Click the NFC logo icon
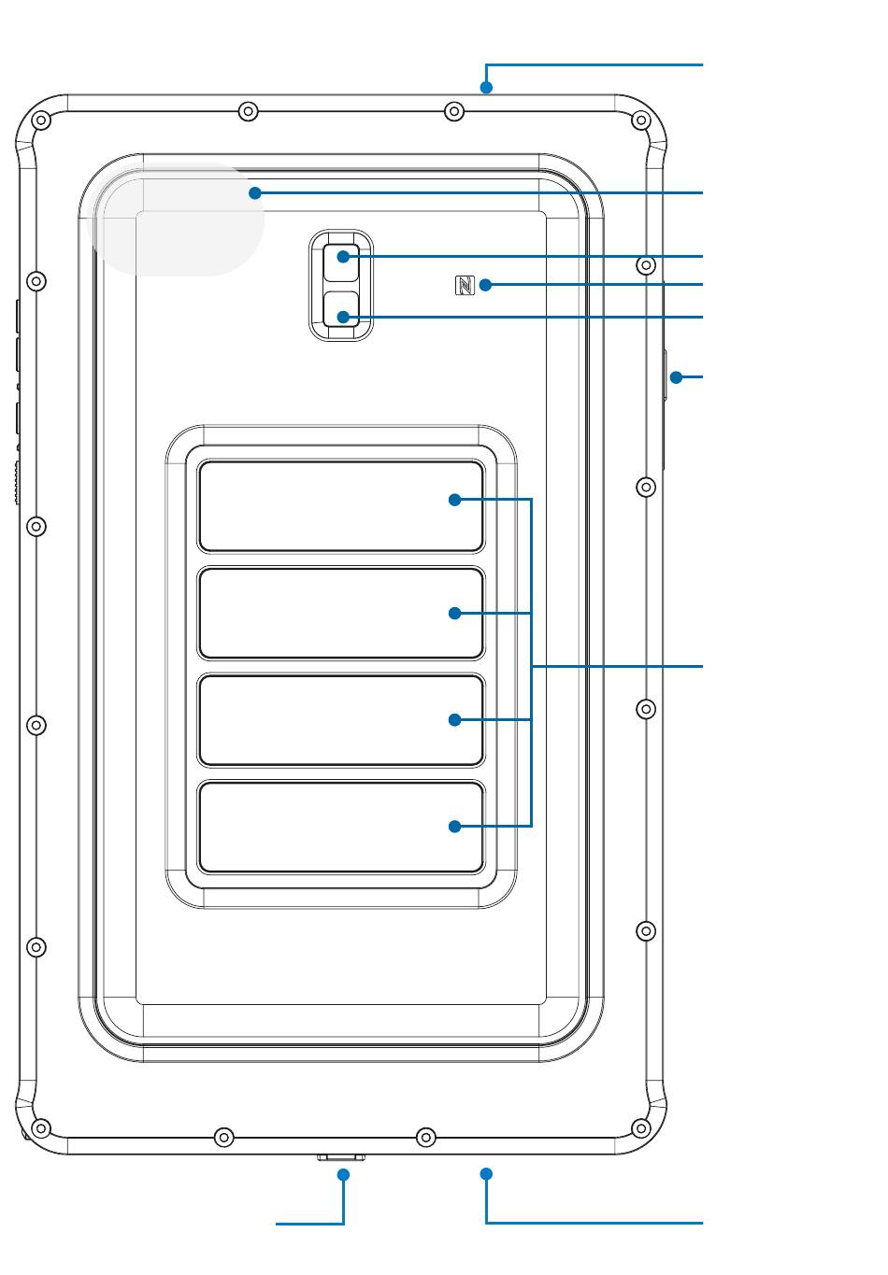coord(465,285)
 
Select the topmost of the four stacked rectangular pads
coord(341,506)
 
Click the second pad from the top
coord(341,613)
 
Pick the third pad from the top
coord(341,719)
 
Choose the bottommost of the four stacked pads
coord(341,827)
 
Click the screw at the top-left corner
coord(41,120)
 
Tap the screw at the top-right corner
coord(640,120)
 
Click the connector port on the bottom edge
coord(340,1157)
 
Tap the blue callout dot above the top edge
coord(486,89)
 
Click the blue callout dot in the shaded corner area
coord(254,193)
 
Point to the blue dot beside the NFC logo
coord(485,284)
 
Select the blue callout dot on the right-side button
coord(676,377)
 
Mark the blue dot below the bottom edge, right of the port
coord(486,1173)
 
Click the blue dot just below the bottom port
coord(344,1174)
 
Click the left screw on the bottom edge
coord(223,1137)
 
